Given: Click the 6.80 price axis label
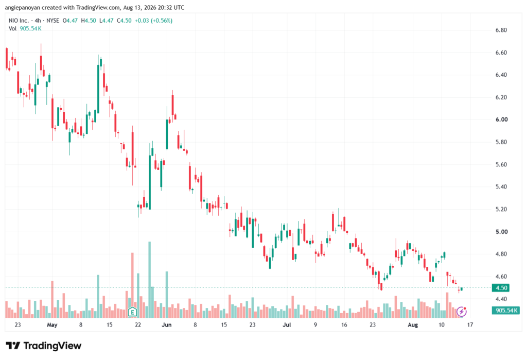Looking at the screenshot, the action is [x=501, y=30].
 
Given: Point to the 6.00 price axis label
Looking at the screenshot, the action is [x=501, y=119].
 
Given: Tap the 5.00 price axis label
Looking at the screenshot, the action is [x=501, y=232].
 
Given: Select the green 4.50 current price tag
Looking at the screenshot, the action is [x=501, y=288].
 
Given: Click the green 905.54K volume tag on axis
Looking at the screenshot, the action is [x=505, y=310].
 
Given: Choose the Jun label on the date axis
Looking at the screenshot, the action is [x=166, y=325].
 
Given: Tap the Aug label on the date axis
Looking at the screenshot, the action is [x=413, y=325].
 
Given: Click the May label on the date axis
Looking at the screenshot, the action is [x=52, y=325].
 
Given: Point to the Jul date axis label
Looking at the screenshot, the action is [x=287, y=325].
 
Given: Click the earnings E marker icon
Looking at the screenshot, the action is [x=132, y=312].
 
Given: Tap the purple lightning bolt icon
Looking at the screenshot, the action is [x=462, y=312].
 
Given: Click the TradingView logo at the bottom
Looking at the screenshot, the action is [x=44, y=346].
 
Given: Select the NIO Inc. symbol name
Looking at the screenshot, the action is [x=19, y=21].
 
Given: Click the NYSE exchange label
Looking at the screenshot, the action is [x=53, y=21].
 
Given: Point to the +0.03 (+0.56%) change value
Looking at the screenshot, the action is [x=153, y=21].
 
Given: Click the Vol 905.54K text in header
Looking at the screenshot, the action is [x=25, y=29].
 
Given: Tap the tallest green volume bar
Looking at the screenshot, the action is [x=150, y=280].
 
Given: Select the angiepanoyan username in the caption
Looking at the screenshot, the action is [x=22, y=7].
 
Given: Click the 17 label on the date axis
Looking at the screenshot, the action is [x=470, y=325].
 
